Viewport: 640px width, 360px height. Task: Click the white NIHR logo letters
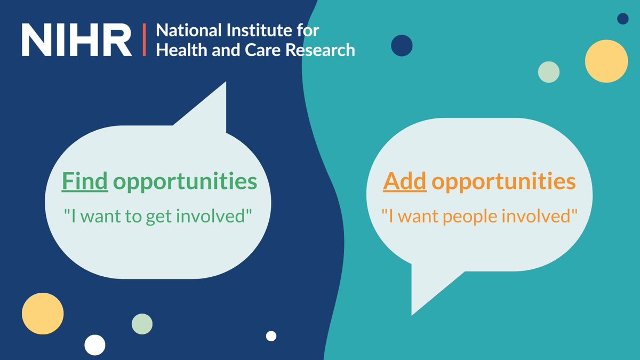point(76,39)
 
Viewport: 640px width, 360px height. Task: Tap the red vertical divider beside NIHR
point(143,39)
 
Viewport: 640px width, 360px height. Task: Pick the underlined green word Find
point(85,182)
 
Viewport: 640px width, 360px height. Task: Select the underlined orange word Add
point(404,182)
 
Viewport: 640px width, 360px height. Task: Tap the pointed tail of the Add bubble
point(421,299)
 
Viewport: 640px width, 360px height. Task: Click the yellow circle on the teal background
point(606,61)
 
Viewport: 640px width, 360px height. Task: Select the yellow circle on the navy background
point(43,314)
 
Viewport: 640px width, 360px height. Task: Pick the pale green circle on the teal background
point(548,72)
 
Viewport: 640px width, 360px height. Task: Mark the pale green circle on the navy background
point(142,324)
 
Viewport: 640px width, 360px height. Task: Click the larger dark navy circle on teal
point(402,46)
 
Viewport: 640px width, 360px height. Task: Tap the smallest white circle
point(271,336)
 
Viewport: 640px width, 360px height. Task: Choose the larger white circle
point(95,345)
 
